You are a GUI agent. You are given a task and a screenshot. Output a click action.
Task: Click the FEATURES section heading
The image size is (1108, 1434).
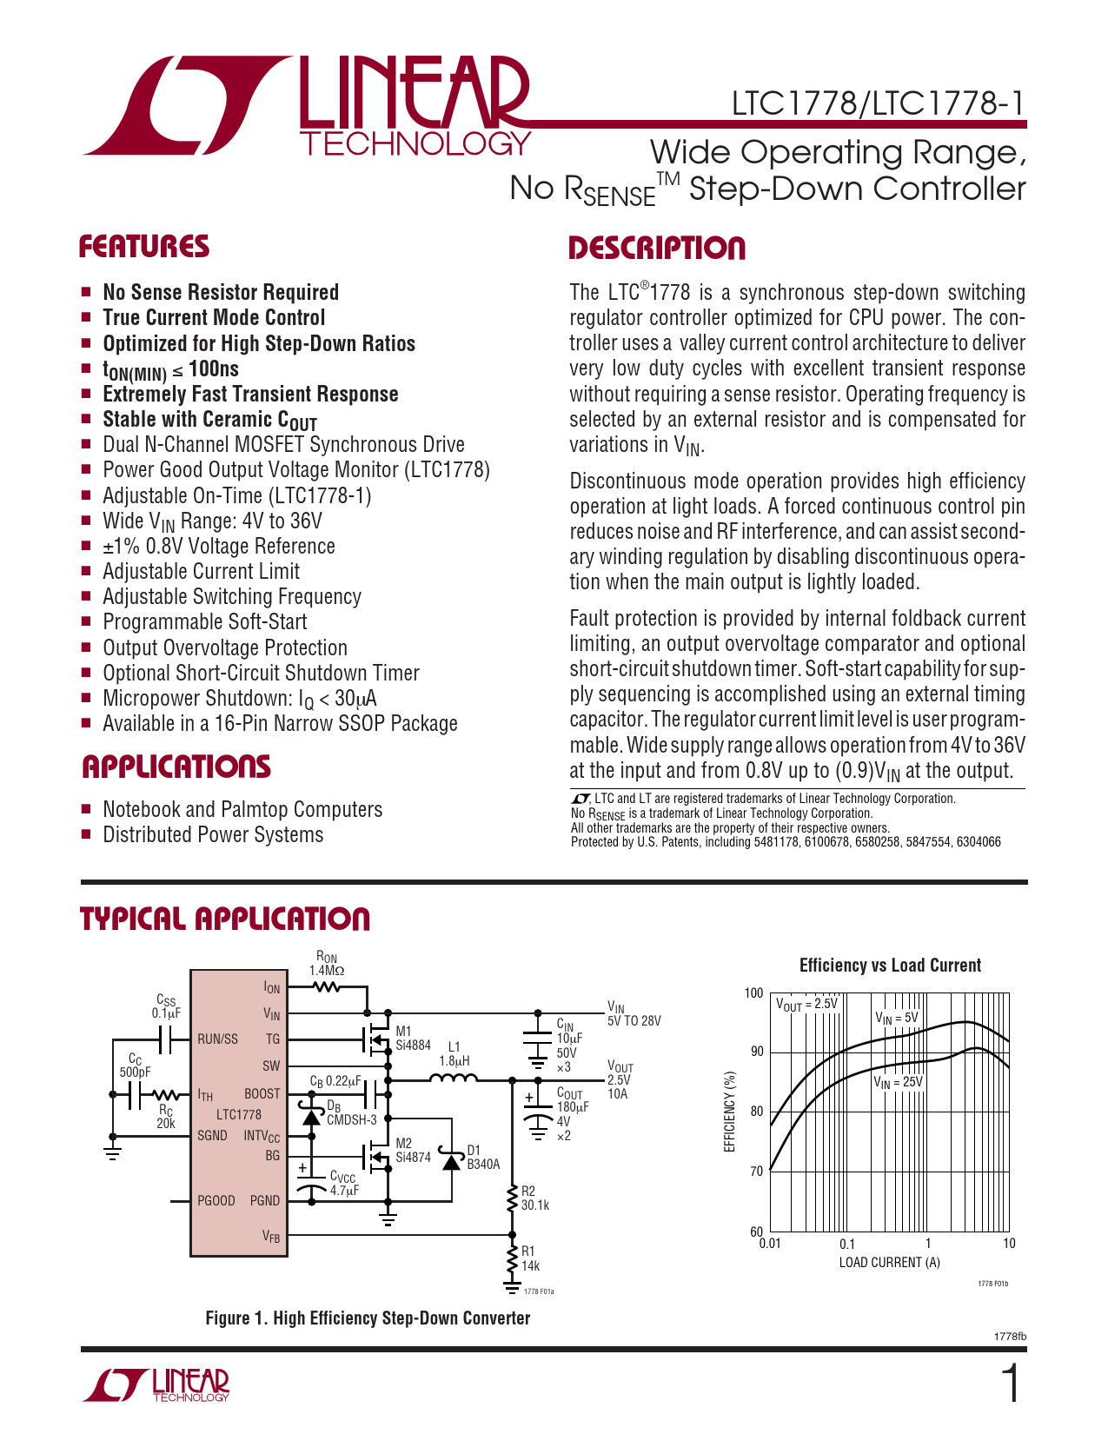(144, 247)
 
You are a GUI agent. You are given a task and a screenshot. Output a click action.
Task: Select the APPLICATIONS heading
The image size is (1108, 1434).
(176, 767)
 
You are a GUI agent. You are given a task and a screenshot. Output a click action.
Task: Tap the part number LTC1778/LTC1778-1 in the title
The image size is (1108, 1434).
(878, 104)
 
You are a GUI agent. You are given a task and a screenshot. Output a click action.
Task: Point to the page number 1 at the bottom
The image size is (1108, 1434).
(1011, 1384)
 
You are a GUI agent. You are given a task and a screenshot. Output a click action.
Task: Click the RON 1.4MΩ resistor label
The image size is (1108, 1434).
(327, 965)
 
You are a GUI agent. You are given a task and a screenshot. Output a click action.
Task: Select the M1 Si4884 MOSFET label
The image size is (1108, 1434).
(413, 1039)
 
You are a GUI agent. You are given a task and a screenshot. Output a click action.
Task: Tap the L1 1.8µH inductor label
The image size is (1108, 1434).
(454, 1054)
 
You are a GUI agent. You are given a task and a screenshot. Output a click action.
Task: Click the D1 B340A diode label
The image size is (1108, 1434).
(483, 1158)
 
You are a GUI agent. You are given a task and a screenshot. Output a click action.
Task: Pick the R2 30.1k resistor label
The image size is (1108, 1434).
(534, 1198)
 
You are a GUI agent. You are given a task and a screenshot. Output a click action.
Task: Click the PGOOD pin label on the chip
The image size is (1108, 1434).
(216, 1201)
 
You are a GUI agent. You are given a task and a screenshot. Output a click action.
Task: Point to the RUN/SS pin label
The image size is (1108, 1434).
(217, 1039)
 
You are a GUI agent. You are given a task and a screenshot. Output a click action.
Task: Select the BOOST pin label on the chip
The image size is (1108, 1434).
(262, 1094)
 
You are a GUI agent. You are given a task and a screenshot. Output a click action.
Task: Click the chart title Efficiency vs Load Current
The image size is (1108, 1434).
(890, 966)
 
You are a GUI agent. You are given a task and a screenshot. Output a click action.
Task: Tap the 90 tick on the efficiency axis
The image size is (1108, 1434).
(757, 1052)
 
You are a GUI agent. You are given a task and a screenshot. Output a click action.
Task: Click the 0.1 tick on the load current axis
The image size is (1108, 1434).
(847, 1244)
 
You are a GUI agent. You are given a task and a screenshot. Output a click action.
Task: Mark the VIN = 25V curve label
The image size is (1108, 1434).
(898, 1082)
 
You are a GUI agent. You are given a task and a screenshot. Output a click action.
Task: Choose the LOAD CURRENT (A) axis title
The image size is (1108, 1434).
(889, 1263)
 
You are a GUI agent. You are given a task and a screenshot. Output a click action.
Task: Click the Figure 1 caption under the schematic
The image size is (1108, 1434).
(368, 1318)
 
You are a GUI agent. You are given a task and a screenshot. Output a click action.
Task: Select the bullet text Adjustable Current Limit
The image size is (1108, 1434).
(201, 572)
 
